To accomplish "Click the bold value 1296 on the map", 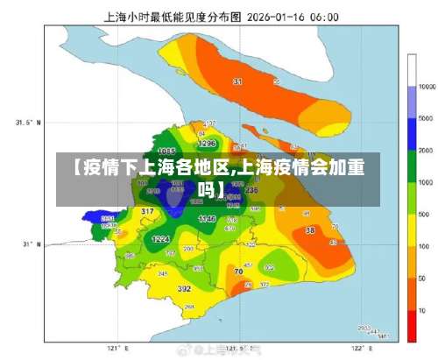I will tap(207, 142).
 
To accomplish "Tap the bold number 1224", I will tap(160, 238).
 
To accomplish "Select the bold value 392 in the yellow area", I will tap(184, 288).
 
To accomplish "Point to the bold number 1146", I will tap(207, 217).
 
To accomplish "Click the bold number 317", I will tap(147, 212).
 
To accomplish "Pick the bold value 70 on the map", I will tap(238, 272).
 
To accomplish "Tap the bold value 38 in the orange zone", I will tap(310, 230).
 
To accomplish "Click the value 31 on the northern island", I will tap(237, 81).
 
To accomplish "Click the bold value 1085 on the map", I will tap(166, 152).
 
